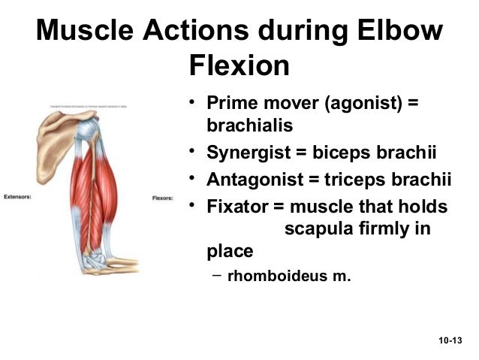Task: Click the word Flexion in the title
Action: (239, 67)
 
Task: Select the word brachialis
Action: (249, 125)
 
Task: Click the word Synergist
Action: (248, 154)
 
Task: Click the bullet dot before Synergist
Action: (192, 153)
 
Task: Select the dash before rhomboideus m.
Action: (216, 274)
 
